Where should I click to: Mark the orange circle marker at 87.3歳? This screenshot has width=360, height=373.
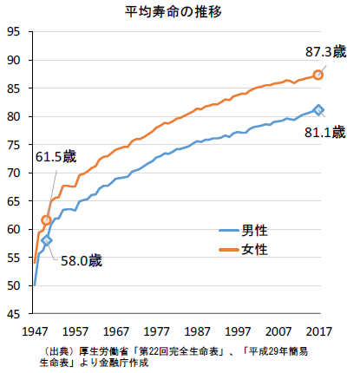point(318,75)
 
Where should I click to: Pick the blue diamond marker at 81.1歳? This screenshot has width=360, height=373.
point(318,109)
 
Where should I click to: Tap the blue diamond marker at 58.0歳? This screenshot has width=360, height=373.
point(47,239)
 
